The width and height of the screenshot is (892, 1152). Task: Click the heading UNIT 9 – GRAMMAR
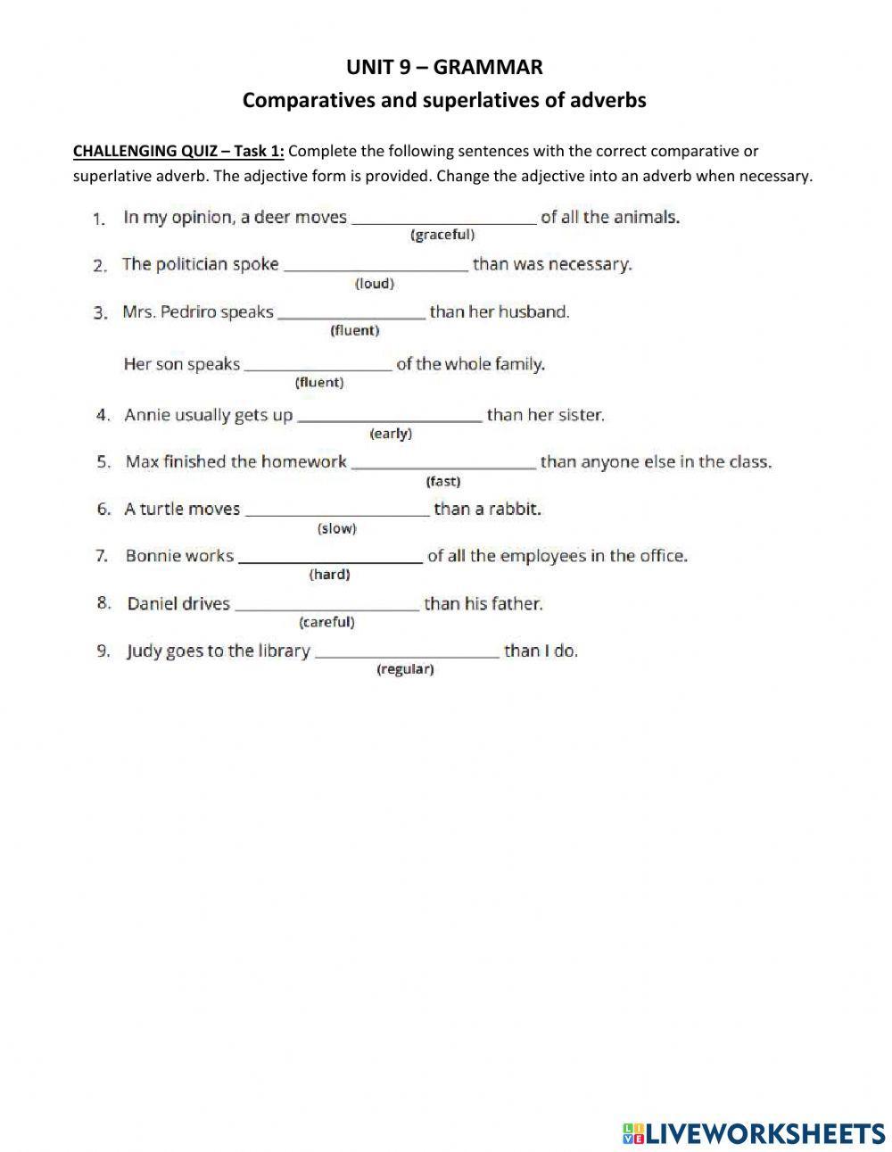(444, 67)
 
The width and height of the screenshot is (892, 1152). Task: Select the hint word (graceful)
(442, 236)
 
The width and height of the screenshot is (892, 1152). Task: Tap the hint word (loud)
(375, 284)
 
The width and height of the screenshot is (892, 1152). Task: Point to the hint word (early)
(391, 434)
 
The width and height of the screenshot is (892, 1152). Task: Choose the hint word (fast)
(443, 482)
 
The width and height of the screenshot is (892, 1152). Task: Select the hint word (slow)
(336, 529)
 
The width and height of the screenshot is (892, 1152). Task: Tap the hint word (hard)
(329, 576)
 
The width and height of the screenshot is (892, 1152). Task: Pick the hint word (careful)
(326, 622)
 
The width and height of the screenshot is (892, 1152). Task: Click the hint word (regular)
(405, 669)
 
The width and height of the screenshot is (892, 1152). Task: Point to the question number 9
(103, 651)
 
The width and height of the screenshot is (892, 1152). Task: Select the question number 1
(99, 218)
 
